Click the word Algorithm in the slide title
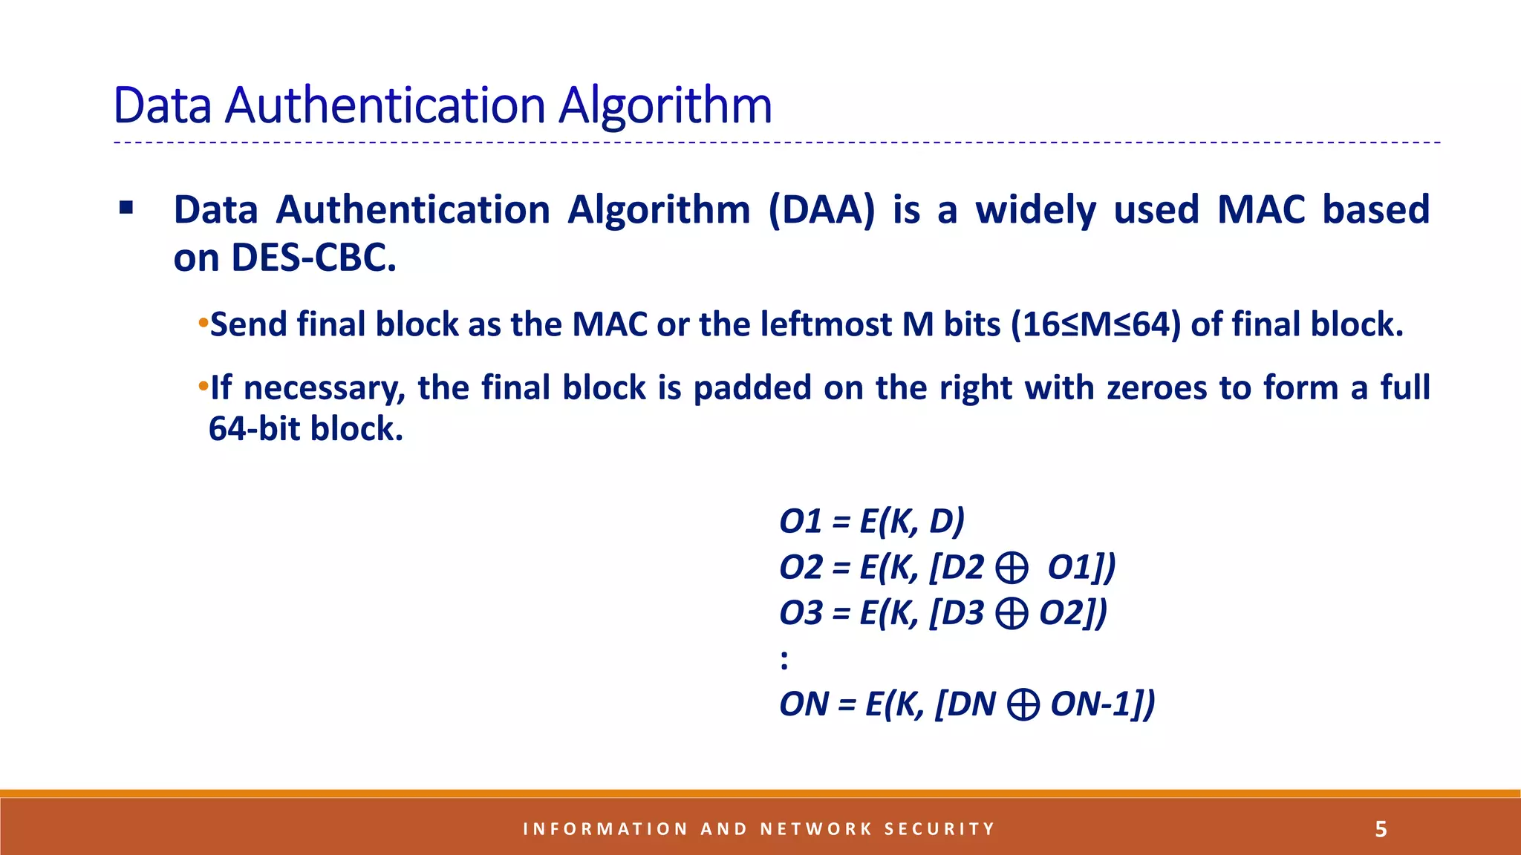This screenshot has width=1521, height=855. click(665, 105)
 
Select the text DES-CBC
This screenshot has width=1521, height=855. click(313, 258)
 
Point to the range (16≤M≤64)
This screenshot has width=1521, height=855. click(1095, 324)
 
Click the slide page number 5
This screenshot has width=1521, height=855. click(1381, 829)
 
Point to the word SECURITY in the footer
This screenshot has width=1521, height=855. click(939, 829)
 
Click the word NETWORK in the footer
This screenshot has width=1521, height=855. click(816, 829)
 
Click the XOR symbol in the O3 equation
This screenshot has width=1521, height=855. click(1012, 614)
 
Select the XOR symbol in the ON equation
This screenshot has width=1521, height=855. click(1023, 704)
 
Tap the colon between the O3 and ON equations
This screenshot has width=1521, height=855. click(784, 659)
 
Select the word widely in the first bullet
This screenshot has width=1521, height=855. click(1035, 210)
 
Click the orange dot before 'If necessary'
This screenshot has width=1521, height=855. click(203, 387)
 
